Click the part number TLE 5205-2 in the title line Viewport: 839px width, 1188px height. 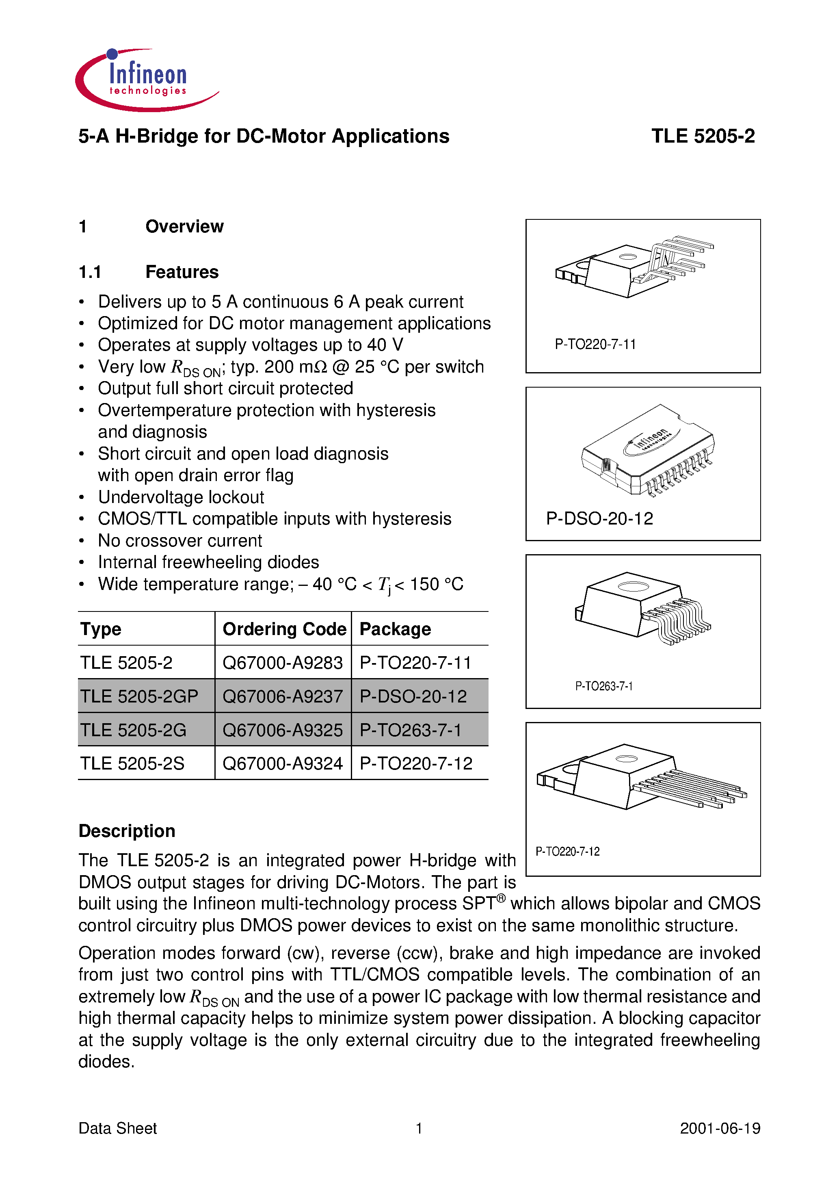(x=703, y=136)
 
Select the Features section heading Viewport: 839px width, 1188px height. (x=182, y=272)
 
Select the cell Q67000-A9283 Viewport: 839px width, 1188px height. (x=282, y=663)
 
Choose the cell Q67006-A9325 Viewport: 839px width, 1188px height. (x=282, y=730)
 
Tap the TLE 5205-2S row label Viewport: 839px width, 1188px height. (x=132, y=764)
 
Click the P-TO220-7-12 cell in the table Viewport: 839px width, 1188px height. (x=416, y=764)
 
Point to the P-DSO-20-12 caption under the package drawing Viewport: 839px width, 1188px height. (x=599, y=518)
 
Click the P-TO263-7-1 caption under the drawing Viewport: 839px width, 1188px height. (x=603, y=686)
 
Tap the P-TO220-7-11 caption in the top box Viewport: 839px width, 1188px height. (x=595, y=345)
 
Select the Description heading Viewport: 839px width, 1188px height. (x=127, y=831)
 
